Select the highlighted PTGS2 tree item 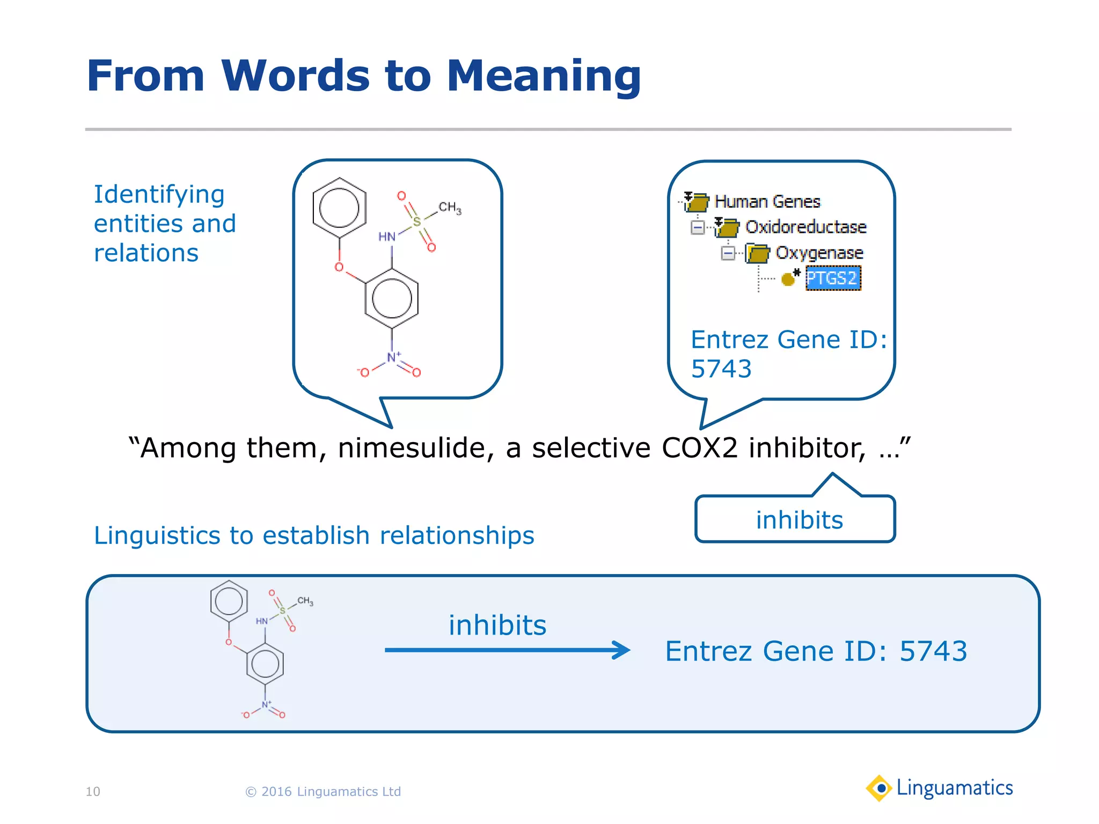click(x=832, y=278)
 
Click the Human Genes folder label click(x=767, y=202)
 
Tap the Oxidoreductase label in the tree click(x=805, y=227)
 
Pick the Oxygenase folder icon click(x=757, y=253)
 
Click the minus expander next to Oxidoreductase click(x=698, y=227)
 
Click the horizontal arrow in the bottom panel click(x=507, y=650)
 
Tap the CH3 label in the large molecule click(x=450, y=208)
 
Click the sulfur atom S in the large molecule click(x=416, y=221)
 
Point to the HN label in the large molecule click(x=386, y=237)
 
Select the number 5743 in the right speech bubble click(x=721, y=369)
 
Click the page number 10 click(x=93, y=792)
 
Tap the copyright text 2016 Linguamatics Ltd click(x=323, y=792)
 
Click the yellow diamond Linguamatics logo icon click(x=879, y=788)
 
